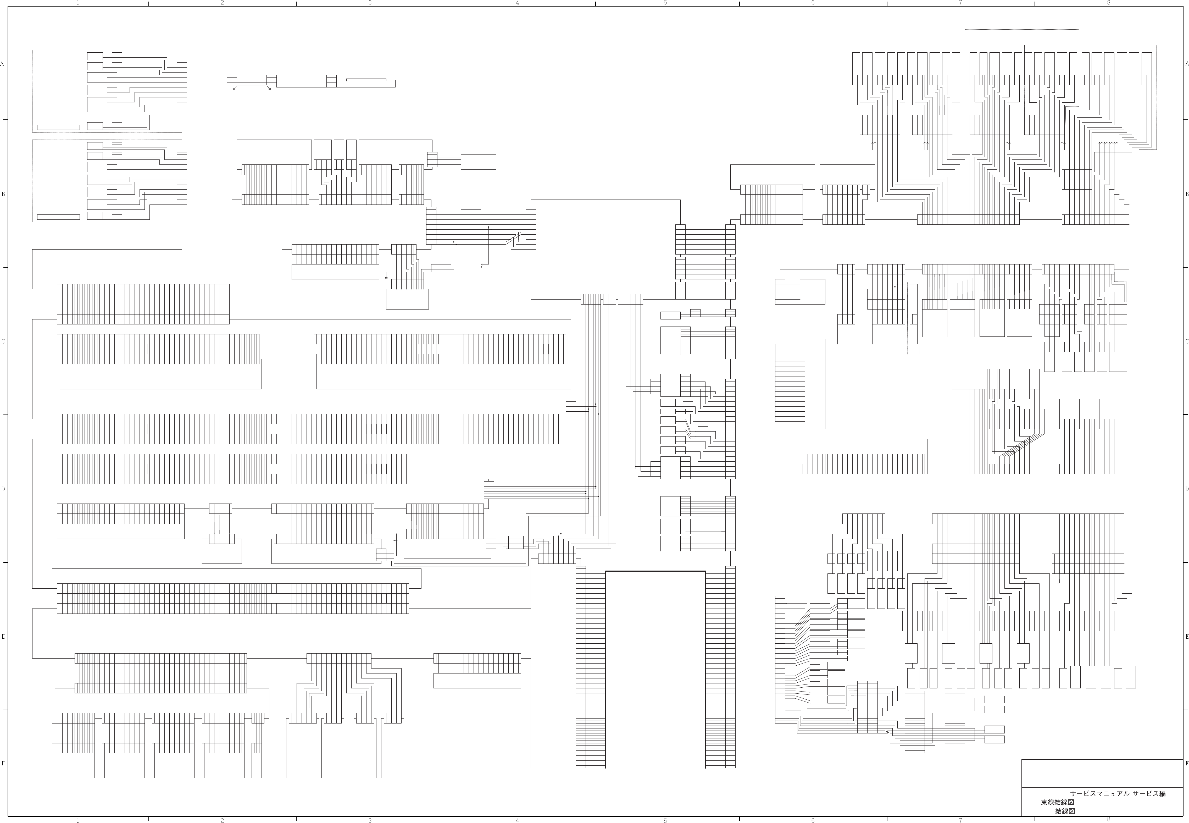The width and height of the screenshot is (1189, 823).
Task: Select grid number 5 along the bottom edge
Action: tap(665, 820)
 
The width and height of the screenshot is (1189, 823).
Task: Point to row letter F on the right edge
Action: tap(1186, 764)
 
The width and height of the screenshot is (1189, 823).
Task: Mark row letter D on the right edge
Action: tap(1186, 489)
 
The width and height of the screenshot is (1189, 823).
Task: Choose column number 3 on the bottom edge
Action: tap(370, 820)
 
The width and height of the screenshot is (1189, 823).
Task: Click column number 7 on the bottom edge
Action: tap(960, 820)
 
